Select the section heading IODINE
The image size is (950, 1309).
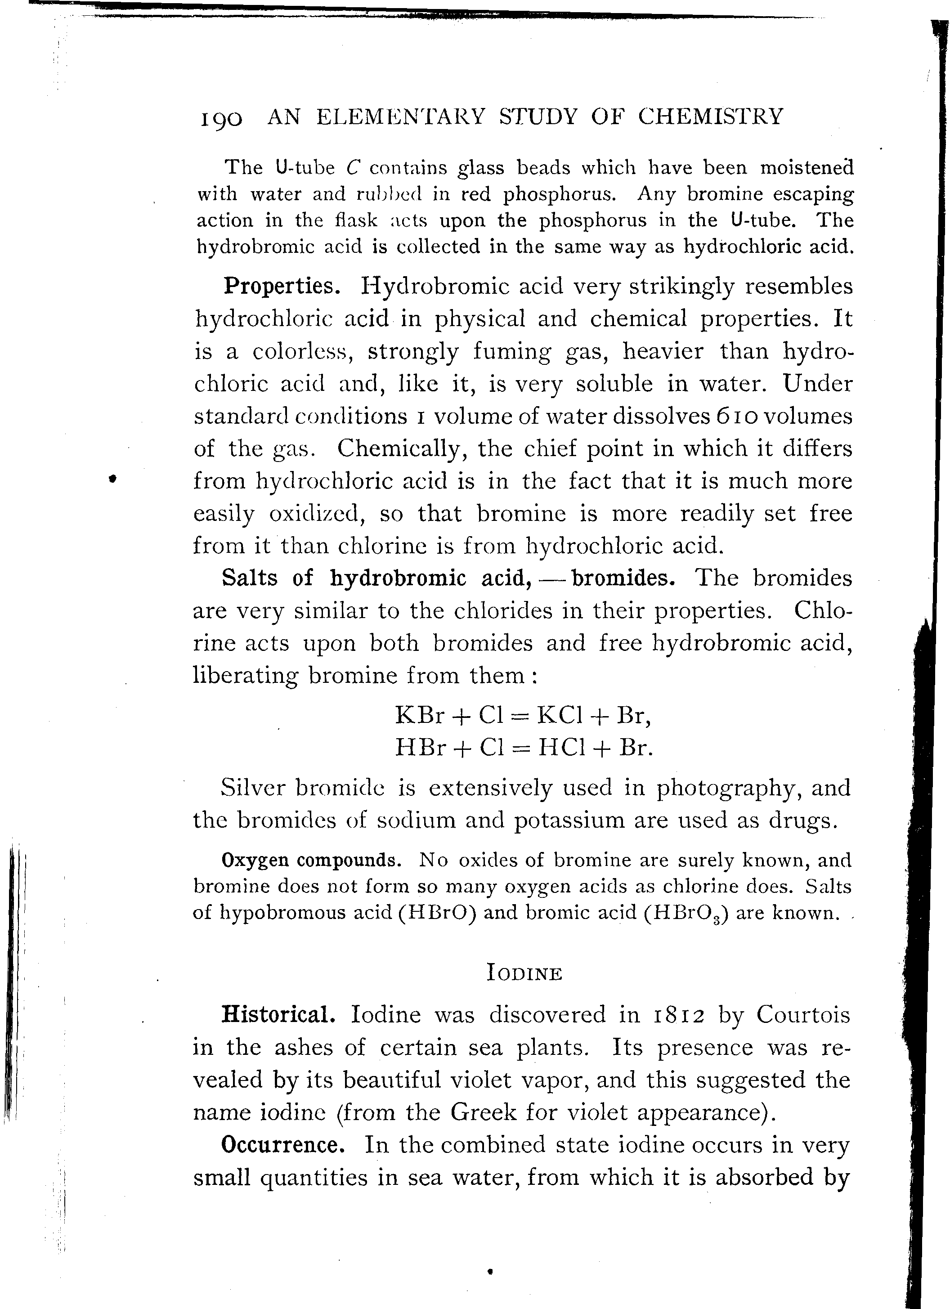click(524, 974)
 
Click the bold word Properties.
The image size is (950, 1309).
click(282, 286)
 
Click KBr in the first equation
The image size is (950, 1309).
click(420, 716)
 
